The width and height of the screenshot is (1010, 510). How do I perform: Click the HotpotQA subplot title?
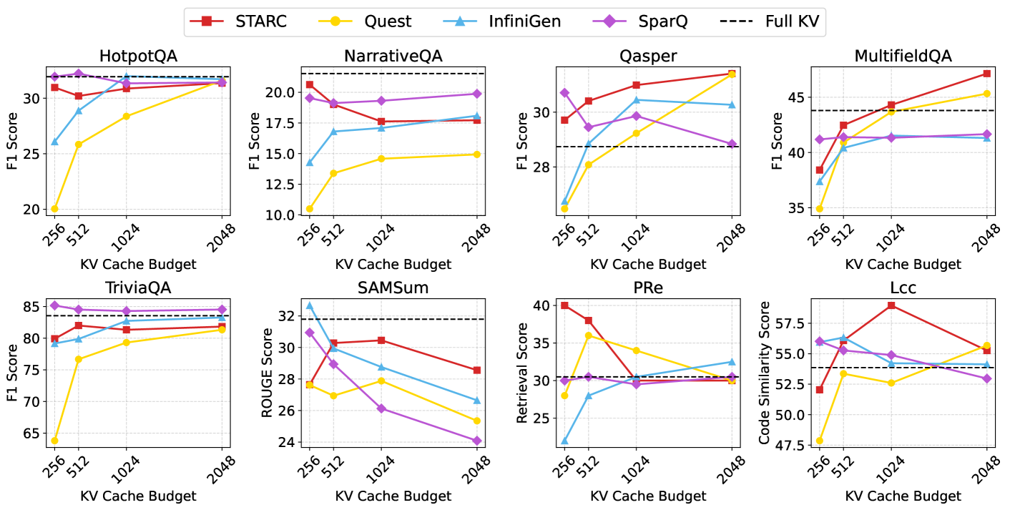click(138, 57)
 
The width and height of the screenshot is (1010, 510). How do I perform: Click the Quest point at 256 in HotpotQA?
click(54, 209)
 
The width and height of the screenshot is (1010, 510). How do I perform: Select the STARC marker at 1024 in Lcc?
click(891, 305)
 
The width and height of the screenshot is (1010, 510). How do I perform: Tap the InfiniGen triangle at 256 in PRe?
click(564, 441)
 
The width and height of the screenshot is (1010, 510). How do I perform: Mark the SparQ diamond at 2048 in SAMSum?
click(477, 441)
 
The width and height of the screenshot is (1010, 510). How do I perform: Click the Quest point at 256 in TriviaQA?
click(54, 441)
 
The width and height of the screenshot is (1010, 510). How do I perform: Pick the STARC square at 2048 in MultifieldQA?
click(987, 73)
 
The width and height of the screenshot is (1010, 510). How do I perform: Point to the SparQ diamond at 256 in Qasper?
click(564, 93)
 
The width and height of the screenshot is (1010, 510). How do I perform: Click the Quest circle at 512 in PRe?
click(588, 335)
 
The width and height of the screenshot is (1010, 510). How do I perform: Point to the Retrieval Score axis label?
click(521, 371)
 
